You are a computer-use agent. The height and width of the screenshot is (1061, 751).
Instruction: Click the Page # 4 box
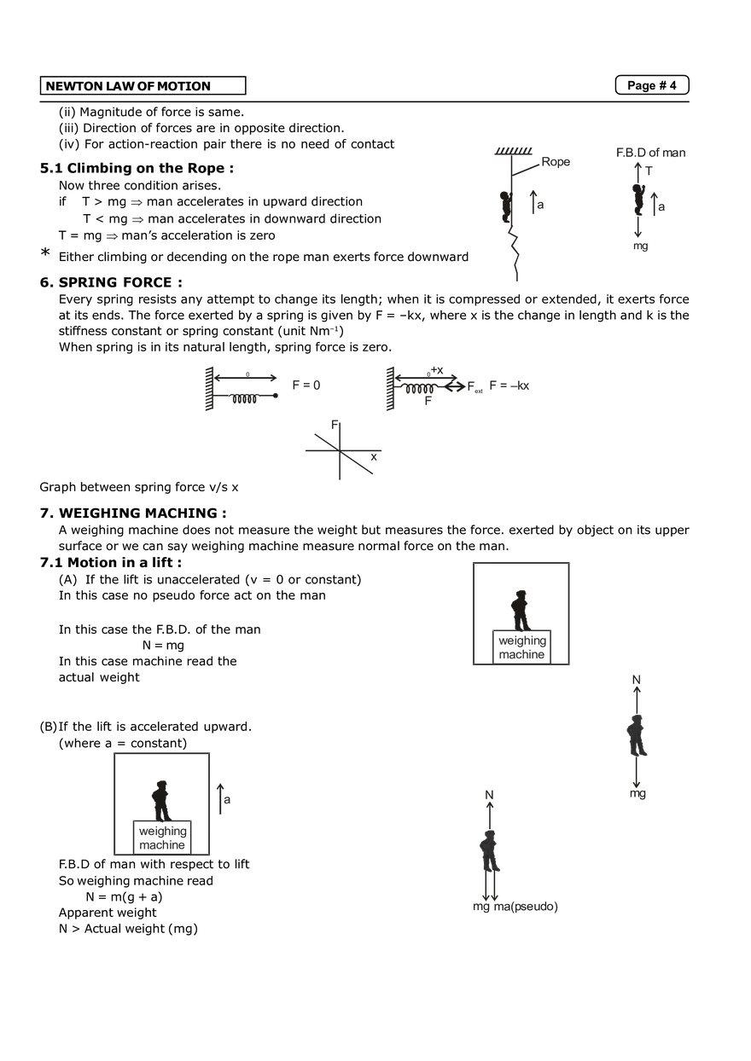(652, 85)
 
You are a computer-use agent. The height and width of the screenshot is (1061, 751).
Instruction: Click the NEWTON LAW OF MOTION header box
(143, 86)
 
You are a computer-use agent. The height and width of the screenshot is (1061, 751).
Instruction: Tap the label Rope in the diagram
(556, 162)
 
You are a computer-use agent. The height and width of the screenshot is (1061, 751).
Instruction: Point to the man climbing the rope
(506, 206)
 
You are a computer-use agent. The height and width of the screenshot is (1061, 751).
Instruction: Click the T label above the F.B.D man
(649, 171)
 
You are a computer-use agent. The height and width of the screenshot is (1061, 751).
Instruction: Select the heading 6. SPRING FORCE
(111, 282)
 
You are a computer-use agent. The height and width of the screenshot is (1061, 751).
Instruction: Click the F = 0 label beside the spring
(306, 386)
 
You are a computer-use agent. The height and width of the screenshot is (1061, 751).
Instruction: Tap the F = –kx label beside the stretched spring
(509, 386)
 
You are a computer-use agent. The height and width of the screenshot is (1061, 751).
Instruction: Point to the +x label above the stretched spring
(437, 370)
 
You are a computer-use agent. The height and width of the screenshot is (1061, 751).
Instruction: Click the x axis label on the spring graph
(374, 457)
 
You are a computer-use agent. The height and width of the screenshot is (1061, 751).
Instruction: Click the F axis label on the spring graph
(335, 425)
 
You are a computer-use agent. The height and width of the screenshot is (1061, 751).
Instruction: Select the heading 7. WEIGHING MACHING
(133, 513)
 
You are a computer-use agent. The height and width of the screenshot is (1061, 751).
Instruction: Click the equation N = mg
(163, 646)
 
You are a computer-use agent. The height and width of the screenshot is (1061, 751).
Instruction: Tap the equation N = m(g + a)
(124, 896)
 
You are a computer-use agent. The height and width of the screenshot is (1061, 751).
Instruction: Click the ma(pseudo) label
(526, 906)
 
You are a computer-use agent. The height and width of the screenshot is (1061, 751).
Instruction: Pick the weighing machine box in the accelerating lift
(162, 838)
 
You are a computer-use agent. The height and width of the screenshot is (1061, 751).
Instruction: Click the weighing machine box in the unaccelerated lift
(521, 647)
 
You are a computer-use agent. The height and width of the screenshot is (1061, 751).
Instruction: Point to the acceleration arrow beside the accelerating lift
(220, 799)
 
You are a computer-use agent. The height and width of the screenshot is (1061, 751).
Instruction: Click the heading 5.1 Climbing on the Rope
(137, 168)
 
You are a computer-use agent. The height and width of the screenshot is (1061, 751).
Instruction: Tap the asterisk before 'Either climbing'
(45, 252)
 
